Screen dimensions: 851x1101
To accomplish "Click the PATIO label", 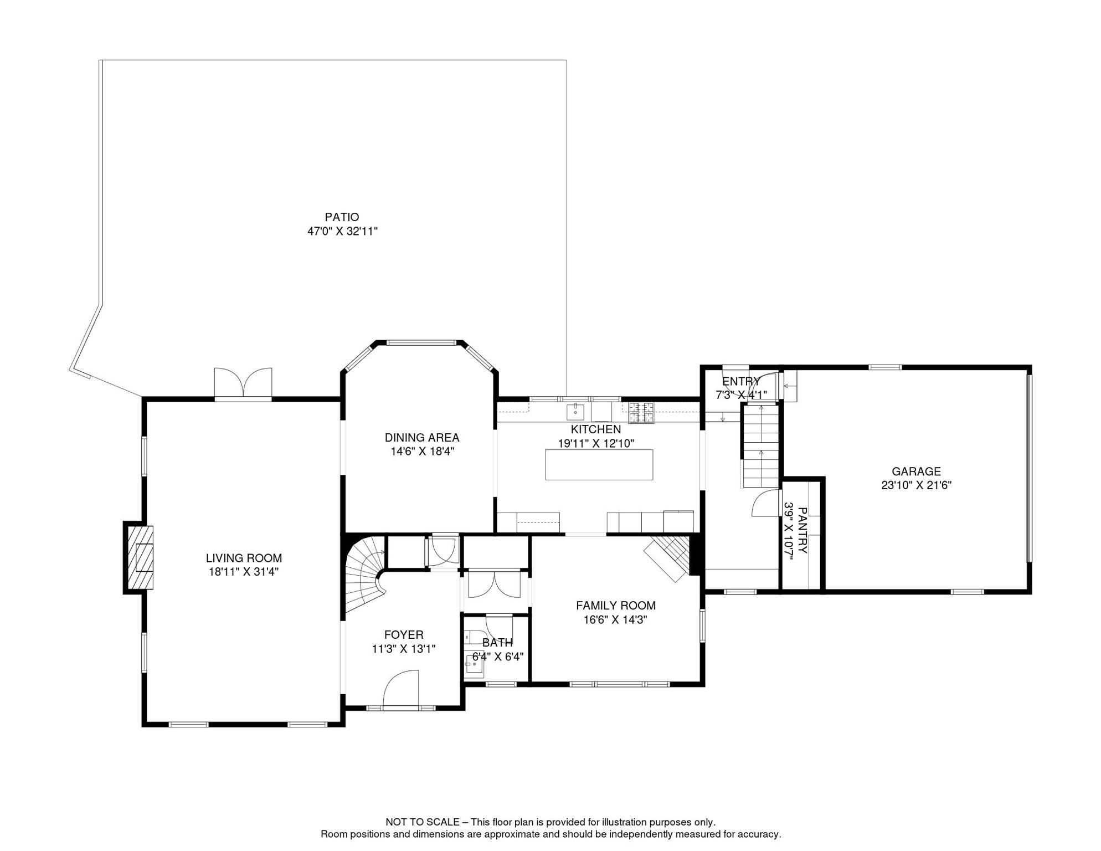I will tap(342, 217).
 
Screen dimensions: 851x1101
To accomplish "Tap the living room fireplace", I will tap(140, 557).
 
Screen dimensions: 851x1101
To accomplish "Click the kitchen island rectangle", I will tap(599, 465).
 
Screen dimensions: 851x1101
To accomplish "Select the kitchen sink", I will tap(575, 412).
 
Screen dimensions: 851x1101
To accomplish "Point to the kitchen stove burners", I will tap(641, 413).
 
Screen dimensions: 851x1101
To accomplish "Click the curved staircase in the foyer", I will tap(363, 576).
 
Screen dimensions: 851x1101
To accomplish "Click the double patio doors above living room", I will tap(243, 383).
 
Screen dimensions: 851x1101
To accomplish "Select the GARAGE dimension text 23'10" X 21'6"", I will tap(916, 485).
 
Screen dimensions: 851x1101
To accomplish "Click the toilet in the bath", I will tap(474, 637).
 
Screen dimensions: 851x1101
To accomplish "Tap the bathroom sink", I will tap(474, 663).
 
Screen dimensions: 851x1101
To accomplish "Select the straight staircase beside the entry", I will tap(760, 447).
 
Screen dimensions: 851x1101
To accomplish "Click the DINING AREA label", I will tap(422, 438).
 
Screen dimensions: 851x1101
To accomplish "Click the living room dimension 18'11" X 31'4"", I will tap(243, 572).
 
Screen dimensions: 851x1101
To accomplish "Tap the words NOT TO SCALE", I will tap(422, 822).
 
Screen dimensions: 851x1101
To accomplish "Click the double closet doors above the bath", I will tap(494, 585).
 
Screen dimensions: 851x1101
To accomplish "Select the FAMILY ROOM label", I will tap(615, 606).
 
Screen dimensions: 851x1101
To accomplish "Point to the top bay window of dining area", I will tap(421, 343).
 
